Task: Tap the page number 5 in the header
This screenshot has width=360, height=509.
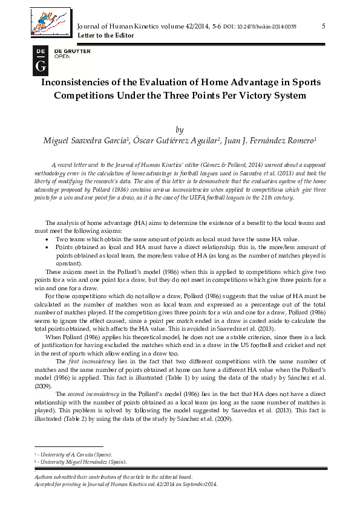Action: pos(324,26)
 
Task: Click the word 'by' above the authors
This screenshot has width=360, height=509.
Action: pos(179,129)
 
